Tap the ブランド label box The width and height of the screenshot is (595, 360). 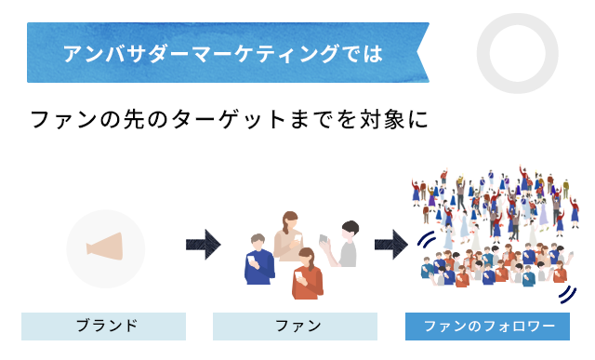tap(103, 326)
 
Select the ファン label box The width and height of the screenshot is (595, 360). tap(296, 326)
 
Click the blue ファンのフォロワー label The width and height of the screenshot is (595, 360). tap(489, 326)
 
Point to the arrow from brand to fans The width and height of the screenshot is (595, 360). tap(203, 246)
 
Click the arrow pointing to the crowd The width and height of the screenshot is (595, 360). tap(390, 246)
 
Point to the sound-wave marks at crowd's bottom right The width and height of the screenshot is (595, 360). tap(565, 294)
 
